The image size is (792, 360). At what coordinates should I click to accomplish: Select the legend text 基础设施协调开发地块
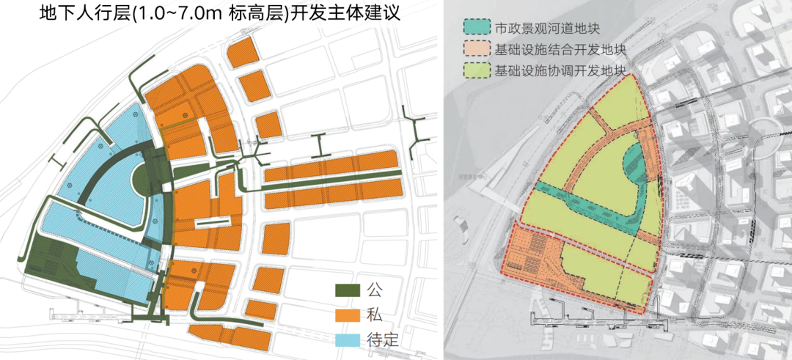tap(561, 71)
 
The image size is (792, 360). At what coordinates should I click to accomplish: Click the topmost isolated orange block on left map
tap(240, 54)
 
